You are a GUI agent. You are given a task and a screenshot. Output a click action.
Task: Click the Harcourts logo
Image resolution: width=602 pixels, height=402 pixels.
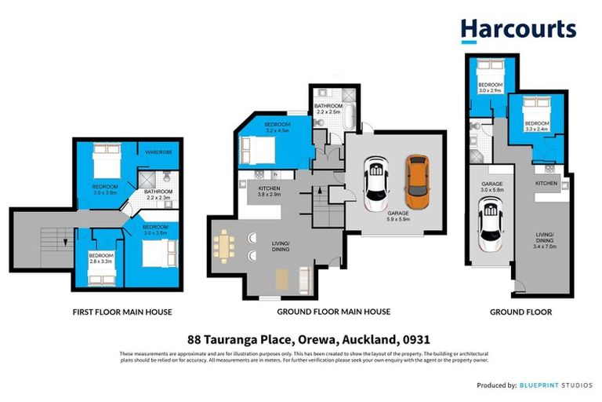pos(518,29)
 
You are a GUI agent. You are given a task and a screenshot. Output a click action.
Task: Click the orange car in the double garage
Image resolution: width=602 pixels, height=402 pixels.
pos(417,178)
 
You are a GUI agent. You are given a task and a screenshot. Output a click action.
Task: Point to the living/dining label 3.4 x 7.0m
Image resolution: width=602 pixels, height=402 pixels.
pos(545,239)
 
